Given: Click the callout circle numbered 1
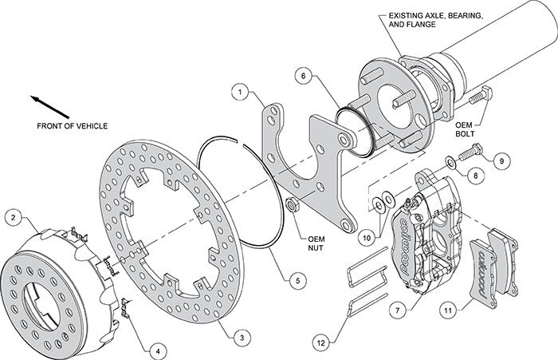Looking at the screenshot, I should click(x=238, y=93).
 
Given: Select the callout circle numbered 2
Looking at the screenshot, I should click(x=13, y=216).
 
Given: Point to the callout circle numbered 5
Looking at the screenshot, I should click(x=296, y=280).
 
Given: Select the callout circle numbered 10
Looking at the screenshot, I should click(x=366, y=235).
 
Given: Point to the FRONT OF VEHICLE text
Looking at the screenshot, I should click(x=72, y=126).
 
